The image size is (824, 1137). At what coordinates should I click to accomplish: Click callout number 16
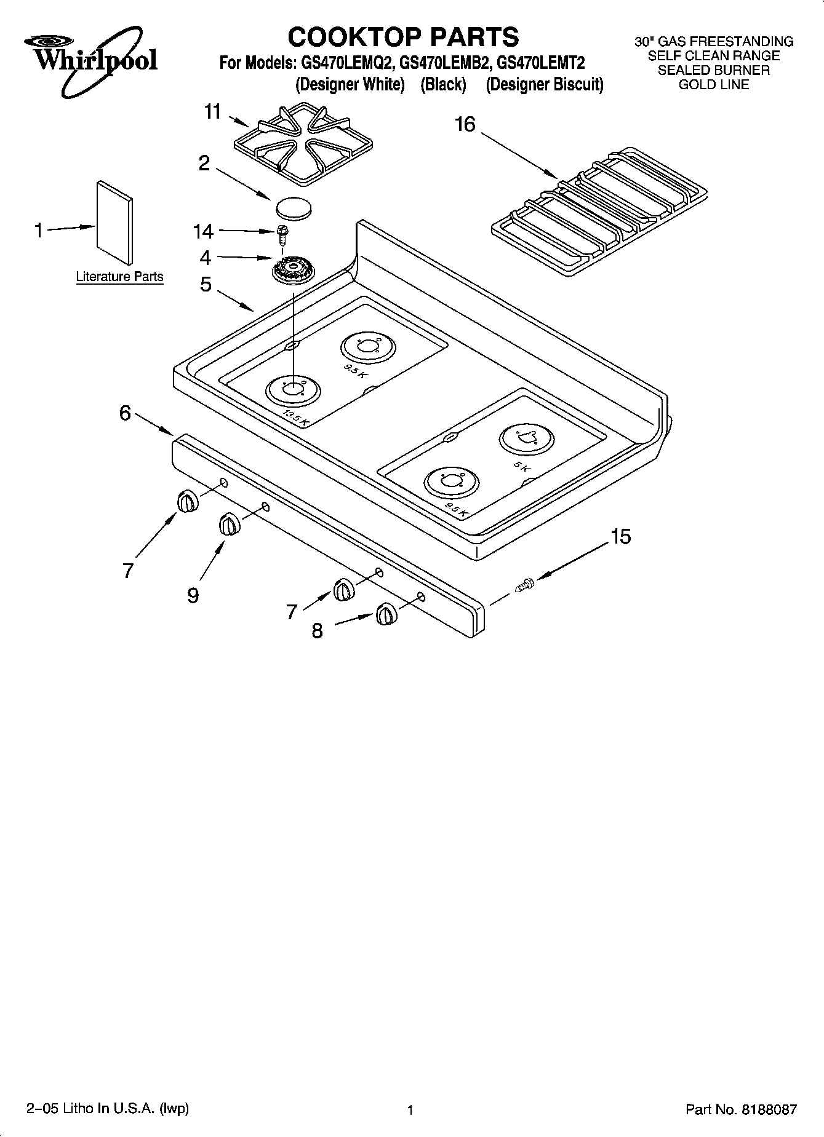pos(465,125)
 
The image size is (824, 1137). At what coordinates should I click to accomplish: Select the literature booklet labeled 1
pos(114,222)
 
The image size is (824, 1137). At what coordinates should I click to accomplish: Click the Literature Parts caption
pos(119,277)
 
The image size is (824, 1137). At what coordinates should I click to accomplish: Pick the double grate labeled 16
pos(601,211)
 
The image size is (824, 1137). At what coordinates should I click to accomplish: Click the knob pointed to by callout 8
pos(386,614)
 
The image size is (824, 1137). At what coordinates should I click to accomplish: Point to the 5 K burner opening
pos(526,438)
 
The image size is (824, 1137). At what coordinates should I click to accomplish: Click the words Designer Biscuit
pos(545,84)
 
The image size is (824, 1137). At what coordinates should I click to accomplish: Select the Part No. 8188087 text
pos(741,1110)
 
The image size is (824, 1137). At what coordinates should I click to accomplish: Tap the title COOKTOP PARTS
pos(404,37)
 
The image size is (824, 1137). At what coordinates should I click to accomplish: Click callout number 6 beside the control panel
pos(126,413)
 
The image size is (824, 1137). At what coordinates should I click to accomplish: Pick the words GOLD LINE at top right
pos(713,85)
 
